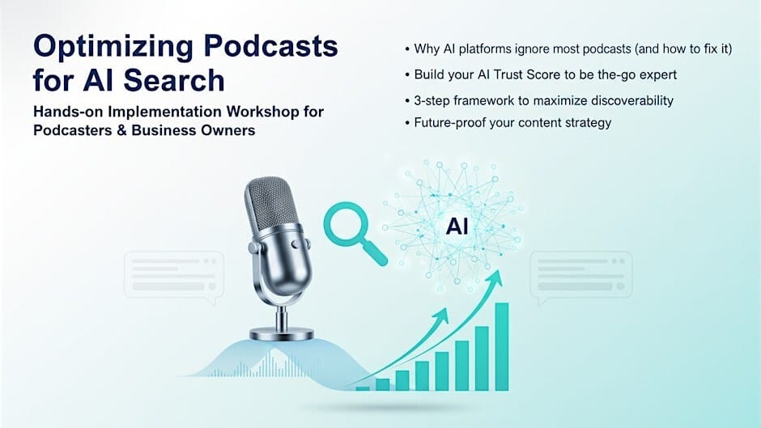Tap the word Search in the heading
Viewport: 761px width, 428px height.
(x=176, y=81)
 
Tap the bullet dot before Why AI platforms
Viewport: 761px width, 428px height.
(x=406, y=49)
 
